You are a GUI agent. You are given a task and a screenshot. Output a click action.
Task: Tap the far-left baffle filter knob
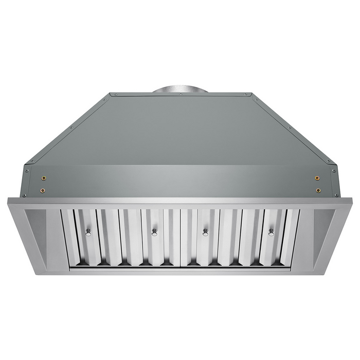[x=88, y=231]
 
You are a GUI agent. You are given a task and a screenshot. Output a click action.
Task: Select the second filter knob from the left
[x=154, y=232]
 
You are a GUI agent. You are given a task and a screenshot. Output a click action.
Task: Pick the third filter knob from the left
[x=205, y=232]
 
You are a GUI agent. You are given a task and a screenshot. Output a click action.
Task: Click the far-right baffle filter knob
[x=271, y=232]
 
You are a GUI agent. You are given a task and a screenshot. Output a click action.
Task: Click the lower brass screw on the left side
[x=43, y=190]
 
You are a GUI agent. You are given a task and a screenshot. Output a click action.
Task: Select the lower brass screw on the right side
[x=317, y=190]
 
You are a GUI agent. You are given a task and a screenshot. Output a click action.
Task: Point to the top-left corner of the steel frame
[x=8, y=201]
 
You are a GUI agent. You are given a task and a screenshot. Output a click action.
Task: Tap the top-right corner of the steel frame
[x=352, y=201]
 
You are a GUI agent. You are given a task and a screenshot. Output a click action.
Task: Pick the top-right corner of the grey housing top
[x=251, y=95]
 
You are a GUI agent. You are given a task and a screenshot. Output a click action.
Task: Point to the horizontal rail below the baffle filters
[x=180, y=268]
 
